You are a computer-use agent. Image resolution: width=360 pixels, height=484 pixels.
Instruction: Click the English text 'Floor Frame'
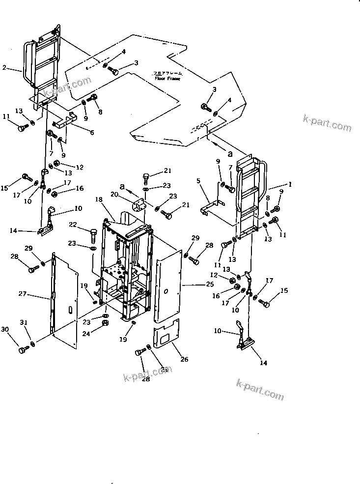(x=167, y=78)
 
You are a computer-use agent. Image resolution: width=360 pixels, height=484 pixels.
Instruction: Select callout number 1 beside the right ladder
(x=290, y=185)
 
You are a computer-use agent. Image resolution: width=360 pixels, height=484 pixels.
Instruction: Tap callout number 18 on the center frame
(x=99, y=200)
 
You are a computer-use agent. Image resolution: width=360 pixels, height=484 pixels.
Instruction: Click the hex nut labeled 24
(x=105, y=323)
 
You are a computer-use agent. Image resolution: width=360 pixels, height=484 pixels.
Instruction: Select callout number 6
(x=91, y=133)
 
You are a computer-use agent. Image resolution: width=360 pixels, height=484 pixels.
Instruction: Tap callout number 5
(x=199, y=181)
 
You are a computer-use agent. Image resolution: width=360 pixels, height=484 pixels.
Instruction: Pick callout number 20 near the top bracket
(x=115, y=194)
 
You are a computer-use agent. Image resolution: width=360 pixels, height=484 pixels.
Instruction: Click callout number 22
(x=73, y=225)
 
